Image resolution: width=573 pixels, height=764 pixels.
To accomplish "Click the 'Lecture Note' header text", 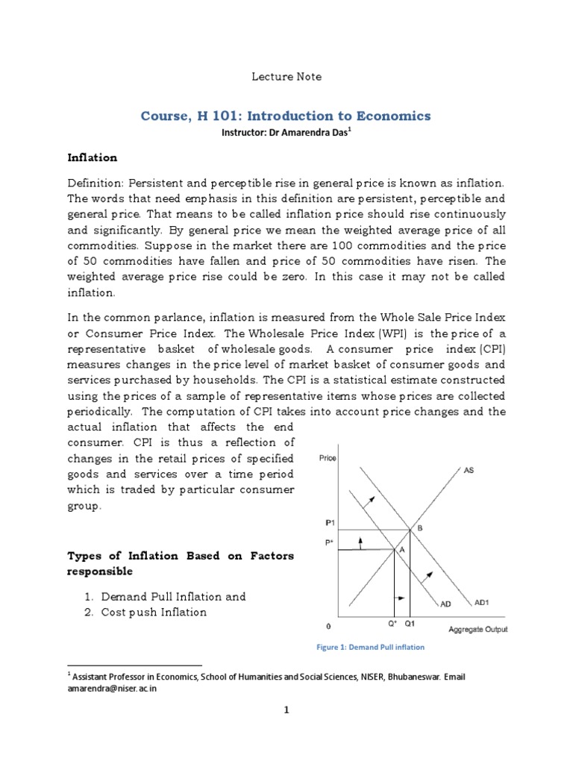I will click(x=286, y=76).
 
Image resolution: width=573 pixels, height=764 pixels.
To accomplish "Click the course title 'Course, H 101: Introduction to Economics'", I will click(x=286, y=116).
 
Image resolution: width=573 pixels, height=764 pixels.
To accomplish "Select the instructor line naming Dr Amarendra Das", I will click(x=286, y=133).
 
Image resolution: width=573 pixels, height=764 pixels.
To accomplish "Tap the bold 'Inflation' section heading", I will click(x=93, y=158).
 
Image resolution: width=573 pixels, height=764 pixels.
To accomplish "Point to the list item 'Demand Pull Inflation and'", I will click(x=173, y=597).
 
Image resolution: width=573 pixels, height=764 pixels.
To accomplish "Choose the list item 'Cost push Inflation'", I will click(x=154, y=612).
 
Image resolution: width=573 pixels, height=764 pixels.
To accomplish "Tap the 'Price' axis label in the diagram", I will click(x=328, y=458).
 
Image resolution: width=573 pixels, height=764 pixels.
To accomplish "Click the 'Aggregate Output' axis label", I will click(x=477, y=629).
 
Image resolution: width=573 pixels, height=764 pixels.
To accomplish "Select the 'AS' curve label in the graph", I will click(x=469, y=471).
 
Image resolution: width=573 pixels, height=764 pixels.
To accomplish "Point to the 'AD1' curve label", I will click(x=482, y=601).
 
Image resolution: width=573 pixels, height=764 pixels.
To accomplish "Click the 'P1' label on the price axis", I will click(x=330, y=523).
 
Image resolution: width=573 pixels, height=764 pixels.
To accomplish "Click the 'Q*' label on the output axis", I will click(x=392, y=623).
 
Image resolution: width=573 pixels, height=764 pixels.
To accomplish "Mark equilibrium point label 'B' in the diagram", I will click(x=419, y=527).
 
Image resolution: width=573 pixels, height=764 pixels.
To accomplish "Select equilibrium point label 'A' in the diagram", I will click(x=400, y=548).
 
